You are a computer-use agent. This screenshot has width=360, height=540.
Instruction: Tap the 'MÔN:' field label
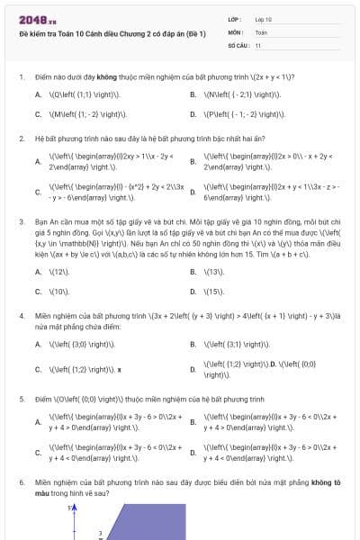236,31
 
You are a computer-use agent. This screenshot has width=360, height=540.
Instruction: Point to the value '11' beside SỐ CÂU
258,44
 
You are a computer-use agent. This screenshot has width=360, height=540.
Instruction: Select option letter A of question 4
38,345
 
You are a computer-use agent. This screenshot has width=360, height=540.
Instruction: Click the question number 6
21,482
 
